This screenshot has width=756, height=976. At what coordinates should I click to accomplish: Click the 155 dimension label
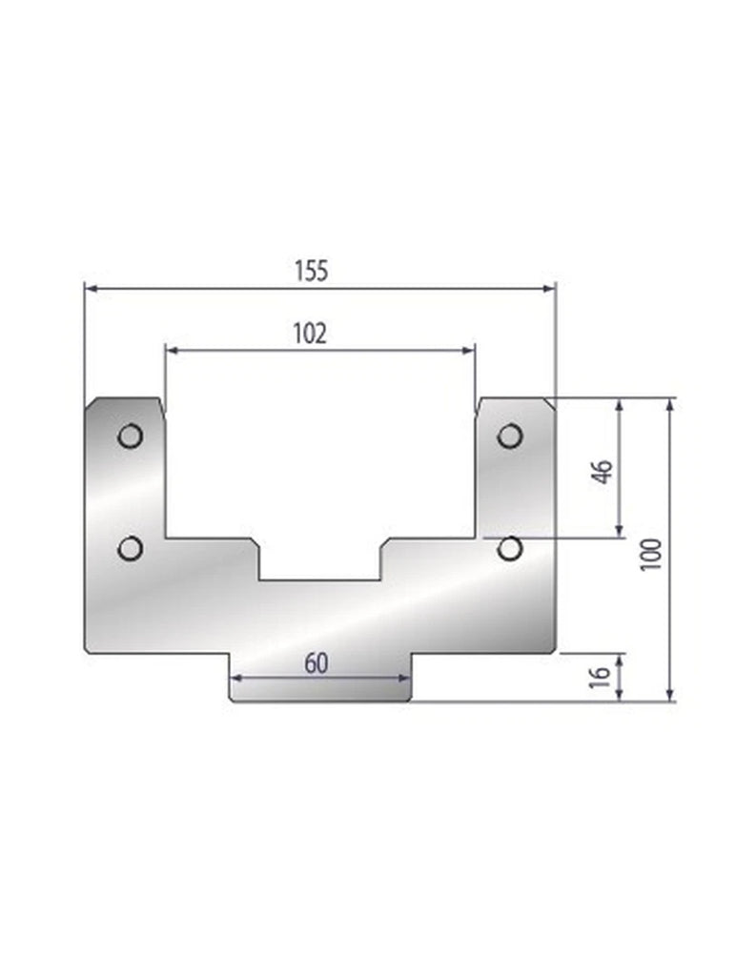(311, 271)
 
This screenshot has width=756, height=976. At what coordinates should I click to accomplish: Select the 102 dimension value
(311, 334)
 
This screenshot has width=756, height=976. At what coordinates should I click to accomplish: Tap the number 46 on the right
(602, 471)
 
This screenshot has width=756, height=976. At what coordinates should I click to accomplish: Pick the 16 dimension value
(600, 677)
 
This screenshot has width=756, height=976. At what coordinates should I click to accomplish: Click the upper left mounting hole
(130, 437)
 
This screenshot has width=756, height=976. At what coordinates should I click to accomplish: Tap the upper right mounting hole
(510, 437)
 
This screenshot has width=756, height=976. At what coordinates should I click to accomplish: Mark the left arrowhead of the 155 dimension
(91, 287)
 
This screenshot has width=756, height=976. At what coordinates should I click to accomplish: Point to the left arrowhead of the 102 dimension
(172, 350)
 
